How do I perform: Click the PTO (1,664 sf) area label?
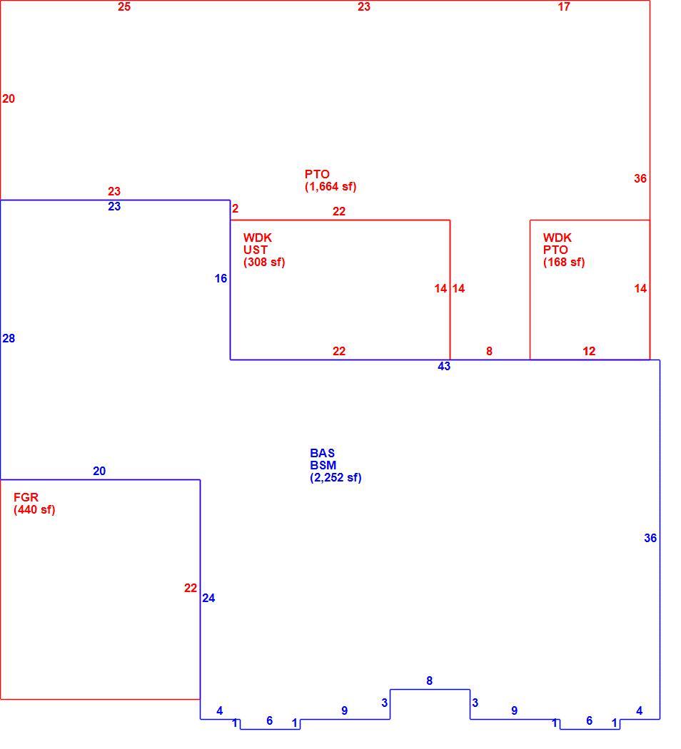pyautogui.click(x=331, y=180)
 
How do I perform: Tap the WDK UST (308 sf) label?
pyautogui.click(x=264, y=250)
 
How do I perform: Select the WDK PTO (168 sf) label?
pyautogui.click(x=564, y=250)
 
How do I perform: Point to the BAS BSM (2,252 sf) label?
pyautogui.click(x=336, y=465)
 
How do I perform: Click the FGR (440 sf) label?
pyautogui.click(x=34, y=504)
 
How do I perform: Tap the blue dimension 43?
pyautogui.click(x=444, y=366)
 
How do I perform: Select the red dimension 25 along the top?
pyautogui.click(x=124, y=6)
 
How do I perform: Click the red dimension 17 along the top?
pyautogui.click(x=564, y=6)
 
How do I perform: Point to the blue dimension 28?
pyautogui.click(x=9, y=338)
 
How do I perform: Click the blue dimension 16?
pyautogui.click(x=221, y=278)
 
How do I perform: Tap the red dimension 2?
pyautogui.click(x=235, y=209)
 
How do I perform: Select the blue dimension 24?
pyautogui.click(x=208, y=598)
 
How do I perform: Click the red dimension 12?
pyautogui.click(x=589, y=351)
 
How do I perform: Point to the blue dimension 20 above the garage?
pyautogui.click(x=99, y=471)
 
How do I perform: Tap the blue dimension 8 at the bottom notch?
pyautogui.click(x=430, y=681)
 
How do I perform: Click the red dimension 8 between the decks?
pyautogui.click(x=490, y=351)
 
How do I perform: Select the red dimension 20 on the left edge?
pyautogui.click(x=9, y=99)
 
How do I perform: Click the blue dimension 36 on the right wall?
pyautogui.click(x=650, y=539)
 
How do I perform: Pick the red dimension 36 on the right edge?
pyautogui.click(x=640, y=178)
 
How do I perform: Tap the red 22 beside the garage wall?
pyautogui.click(x=191, y=588)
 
